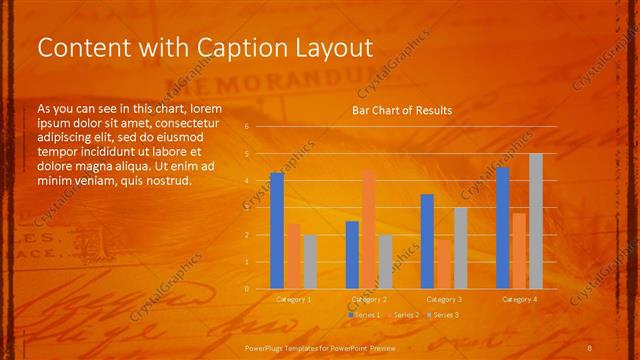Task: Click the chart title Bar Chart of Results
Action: coord(401,110)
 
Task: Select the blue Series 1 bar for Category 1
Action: coord(277,231)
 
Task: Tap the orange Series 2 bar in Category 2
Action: coord(369,229)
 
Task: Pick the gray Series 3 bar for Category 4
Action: coord(536,221)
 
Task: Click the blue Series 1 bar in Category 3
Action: coord(427,241)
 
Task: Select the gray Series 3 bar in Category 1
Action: coord(309,261)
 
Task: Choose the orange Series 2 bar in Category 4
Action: coord(519,250)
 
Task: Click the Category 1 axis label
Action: coord(293,299)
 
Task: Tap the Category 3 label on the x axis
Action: coord(444,299)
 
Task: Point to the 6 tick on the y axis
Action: coord(246,127)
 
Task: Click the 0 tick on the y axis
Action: coord(246,288)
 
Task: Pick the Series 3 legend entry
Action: coord(445,315)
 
